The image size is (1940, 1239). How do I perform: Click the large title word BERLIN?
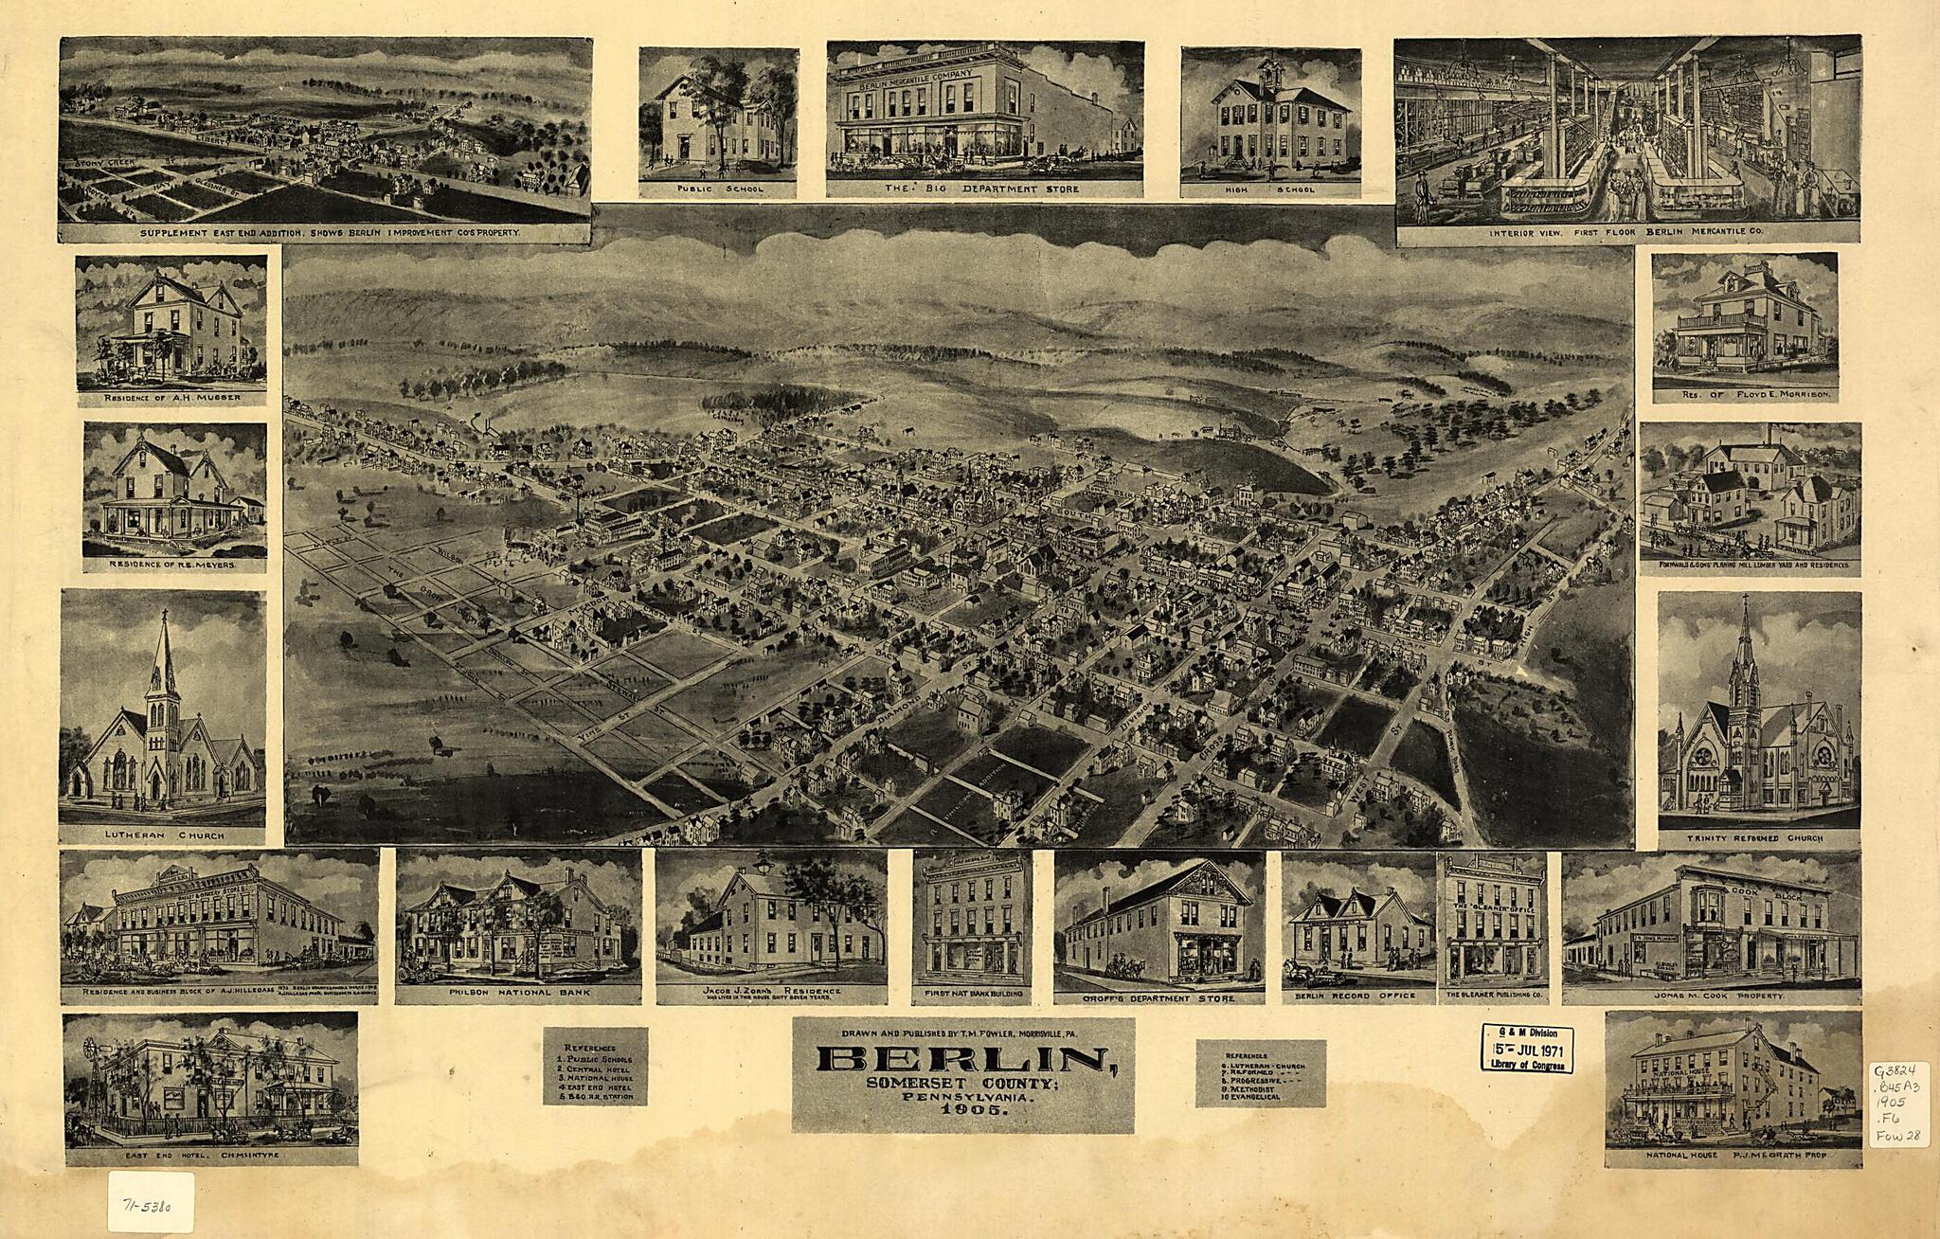pyautogui.click(x=963, y=1060)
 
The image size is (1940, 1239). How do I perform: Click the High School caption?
pyautogui.click(x=1269, y=189)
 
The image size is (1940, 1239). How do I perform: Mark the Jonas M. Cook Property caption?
pyautogui.click(x=1711, y=997)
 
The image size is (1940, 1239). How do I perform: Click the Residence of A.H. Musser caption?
pyautogui.click(x=171, y=397)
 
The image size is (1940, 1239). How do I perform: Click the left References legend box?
pyautogui.click(x=595, y=1066)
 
